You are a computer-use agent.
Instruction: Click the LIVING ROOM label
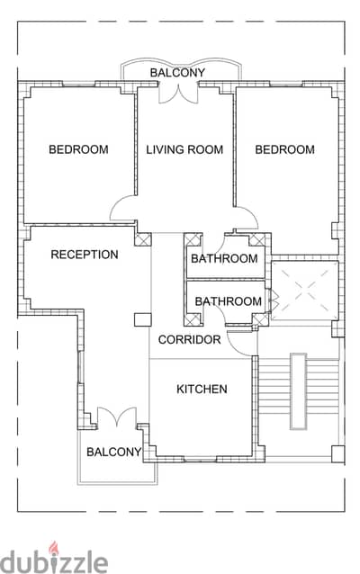(184, 149)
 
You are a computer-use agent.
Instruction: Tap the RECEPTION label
(85, 255)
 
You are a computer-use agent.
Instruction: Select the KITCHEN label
(202, 389)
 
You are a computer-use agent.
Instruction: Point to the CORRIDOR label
(189, 339)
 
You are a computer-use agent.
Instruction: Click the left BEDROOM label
(78, 149)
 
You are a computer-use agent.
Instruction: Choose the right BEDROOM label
(284, 149)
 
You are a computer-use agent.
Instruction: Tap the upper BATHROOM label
(224, 258)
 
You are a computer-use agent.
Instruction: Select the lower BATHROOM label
(229, 301)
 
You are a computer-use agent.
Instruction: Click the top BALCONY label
(177, 73)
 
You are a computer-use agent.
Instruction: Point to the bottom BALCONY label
(113, 452)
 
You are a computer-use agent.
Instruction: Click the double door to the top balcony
(178, 94)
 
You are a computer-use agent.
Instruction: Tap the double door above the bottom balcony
(117, 417)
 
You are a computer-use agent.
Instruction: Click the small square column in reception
(142, 319)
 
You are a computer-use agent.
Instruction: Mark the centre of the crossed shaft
(305, 291)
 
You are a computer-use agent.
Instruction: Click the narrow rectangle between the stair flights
(298, 391)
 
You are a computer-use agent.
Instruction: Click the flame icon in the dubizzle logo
(54, 547)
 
